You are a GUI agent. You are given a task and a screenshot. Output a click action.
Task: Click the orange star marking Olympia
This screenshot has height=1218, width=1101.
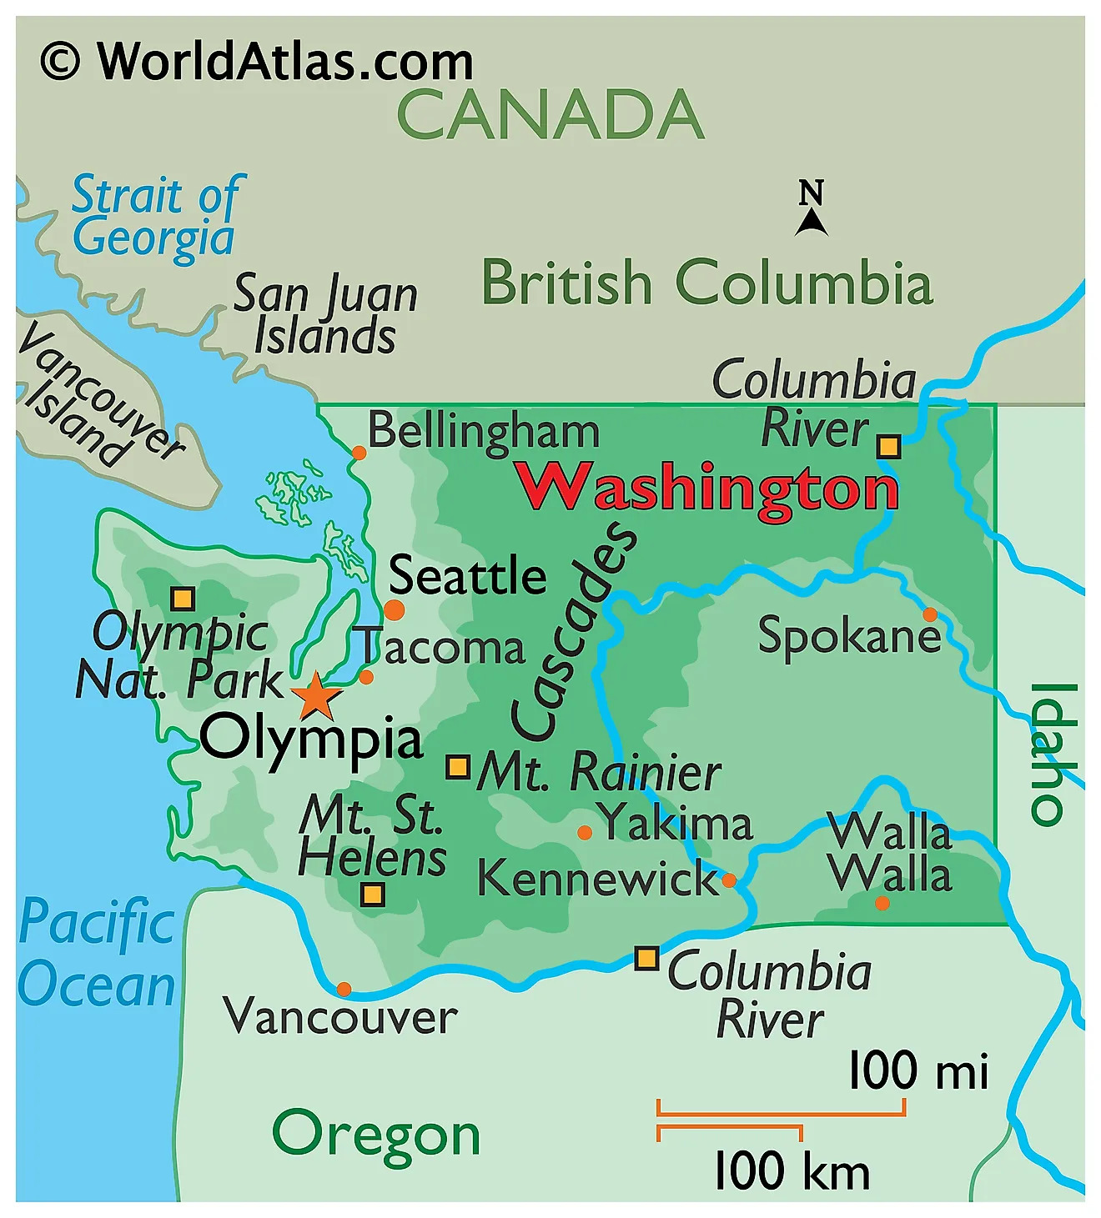point(316,697)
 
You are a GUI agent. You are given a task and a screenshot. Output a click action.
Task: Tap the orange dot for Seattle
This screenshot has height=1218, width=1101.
point(394,609)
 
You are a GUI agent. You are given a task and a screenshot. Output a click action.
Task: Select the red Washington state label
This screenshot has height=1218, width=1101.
point(707,488)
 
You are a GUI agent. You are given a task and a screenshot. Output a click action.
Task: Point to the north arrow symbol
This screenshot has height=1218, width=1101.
point(811,208)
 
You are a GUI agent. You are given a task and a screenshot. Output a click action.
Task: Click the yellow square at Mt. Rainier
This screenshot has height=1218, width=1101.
point(458,767)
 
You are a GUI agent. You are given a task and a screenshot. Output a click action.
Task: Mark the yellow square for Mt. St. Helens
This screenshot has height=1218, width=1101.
point(373,895)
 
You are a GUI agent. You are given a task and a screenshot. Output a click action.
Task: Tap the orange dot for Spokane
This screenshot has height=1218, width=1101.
point(929,614)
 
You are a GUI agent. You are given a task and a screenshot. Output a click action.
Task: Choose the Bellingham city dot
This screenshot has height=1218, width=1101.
point(359,453)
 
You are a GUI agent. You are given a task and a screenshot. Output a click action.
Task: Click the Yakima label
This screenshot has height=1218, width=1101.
point(676,823)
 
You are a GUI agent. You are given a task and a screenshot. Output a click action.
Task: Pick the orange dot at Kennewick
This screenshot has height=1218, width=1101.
point(729,880)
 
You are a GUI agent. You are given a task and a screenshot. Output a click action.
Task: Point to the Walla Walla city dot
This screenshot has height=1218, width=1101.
point(882,903)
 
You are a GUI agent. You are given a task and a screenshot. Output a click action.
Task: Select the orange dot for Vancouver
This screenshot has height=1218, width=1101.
point(344,990)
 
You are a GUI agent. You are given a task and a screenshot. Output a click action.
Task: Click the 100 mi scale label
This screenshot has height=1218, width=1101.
point(918,1070)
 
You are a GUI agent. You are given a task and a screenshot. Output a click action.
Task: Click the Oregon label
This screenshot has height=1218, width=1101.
point(376,1135)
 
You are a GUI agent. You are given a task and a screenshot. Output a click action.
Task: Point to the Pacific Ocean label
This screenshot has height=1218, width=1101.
point(98,954)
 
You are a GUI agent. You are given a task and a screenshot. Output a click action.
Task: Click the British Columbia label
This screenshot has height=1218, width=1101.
point(706,283)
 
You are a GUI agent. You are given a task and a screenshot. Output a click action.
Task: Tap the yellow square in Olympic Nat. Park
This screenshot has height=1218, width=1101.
point(183,599)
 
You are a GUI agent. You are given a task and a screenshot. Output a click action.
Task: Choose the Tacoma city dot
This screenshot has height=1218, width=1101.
point(366,677)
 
